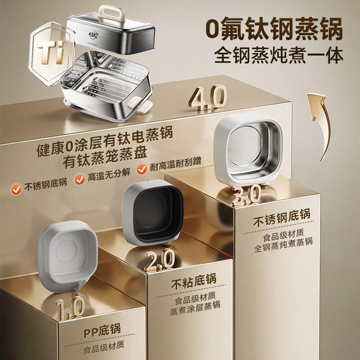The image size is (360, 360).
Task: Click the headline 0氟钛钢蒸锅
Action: point(274,30)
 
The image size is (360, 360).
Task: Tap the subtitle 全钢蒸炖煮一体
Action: point(279,55)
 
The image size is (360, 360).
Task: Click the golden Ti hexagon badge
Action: point(51,53)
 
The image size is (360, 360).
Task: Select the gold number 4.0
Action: point(208,97)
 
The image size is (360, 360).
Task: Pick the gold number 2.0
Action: point(159,260)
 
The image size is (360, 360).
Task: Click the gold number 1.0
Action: point(70,308)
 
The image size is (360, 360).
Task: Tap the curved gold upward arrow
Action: point(321,124)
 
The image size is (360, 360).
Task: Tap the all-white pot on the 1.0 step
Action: point(68,255)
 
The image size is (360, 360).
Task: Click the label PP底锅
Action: point(102,331)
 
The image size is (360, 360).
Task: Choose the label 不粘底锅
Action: point(194,281)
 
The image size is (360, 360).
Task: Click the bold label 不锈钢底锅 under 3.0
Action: point(282,217)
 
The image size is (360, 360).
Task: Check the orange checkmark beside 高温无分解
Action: point(80,179)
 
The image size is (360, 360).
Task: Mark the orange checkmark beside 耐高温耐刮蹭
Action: point(142,169)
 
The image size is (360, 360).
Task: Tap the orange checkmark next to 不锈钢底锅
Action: point(16,189)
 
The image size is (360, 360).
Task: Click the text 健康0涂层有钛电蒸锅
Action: point(105,141)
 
